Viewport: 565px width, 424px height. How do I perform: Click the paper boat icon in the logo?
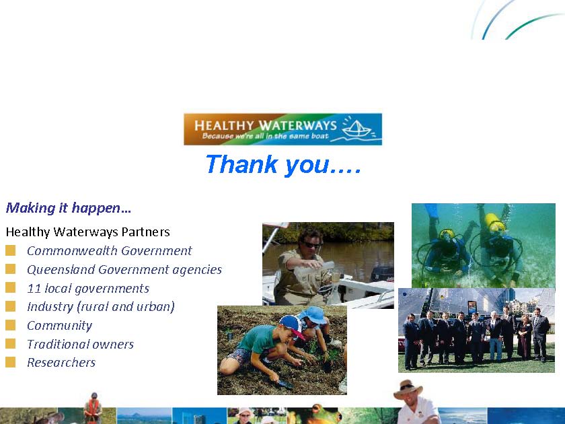pos(356,129)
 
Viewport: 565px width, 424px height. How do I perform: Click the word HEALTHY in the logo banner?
pos(224,125)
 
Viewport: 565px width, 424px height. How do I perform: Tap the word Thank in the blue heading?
pos(242,164)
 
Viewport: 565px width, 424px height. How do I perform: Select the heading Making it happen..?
pos(69,208)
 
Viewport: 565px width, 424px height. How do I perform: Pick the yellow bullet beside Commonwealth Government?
pos(11,250)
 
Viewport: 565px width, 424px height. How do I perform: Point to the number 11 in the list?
pos(34,289)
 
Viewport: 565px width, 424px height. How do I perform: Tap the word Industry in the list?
pos(50,307)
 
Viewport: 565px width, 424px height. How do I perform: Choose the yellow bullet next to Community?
pos(11,325)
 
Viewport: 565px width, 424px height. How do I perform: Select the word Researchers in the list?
pos(61,362)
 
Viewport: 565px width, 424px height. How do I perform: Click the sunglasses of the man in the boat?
pos(312,245)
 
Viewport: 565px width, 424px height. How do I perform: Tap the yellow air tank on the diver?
pos(494,221)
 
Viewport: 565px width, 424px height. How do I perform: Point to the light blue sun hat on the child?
pos(313,315)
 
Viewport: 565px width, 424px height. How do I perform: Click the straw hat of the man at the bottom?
pos(408,389)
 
